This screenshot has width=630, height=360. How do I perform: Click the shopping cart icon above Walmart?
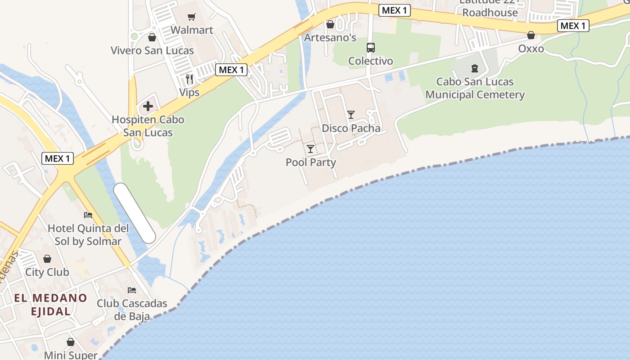192,17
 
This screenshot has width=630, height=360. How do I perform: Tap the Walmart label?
192,30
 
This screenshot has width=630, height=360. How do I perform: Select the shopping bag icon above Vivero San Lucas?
152,37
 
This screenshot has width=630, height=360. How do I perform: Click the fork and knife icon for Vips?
189,80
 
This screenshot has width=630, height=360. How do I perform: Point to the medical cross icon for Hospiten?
148,107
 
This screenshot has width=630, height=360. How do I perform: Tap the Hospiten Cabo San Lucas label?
148,126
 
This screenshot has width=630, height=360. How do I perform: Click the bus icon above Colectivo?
371,47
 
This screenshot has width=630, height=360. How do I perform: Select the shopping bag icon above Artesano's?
330,24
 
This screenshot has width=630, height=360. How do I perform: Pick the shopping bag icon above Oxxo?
531,35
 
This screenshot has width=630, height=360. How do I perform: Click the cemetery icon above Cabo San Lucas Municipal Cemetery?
474,68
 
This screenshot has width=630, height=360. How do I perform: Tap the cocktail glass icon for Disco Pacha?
351,115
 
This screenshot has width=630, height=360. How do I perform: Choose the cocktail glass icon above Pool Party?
310,148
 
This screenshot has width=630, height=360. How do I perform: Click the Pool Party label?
311,162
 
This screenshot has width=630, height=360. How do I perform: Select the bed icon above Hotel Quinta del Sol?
88,215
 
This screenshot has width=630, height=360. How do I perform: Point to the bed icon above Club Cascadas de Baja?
132,290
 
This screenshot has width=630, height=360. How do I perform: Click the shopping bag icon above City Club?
47,259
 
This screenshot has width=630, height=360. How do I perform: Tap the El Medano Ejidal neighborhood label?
50,304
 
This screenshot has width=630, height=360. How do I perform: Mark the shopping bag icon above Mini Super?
70,342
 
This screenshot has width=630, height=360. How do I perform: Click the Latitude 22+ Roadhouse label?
490,8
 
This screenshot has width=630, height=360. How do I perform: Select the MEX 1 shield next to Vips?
231,70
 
